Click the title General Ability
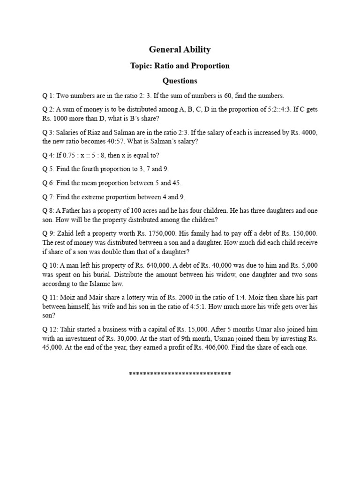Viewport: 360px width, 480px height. pos(180,49)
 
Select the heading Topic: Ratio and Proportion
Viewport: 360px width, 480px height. pos(180,66)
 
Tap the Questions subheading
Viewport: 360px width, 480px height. pos(180,81)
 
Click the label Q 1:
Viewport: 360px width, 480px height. pos(48,96)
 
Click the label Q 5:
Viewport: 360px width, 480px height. pos(48,169)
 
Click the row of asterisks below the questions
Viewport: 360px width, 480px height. pos(180,374)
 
